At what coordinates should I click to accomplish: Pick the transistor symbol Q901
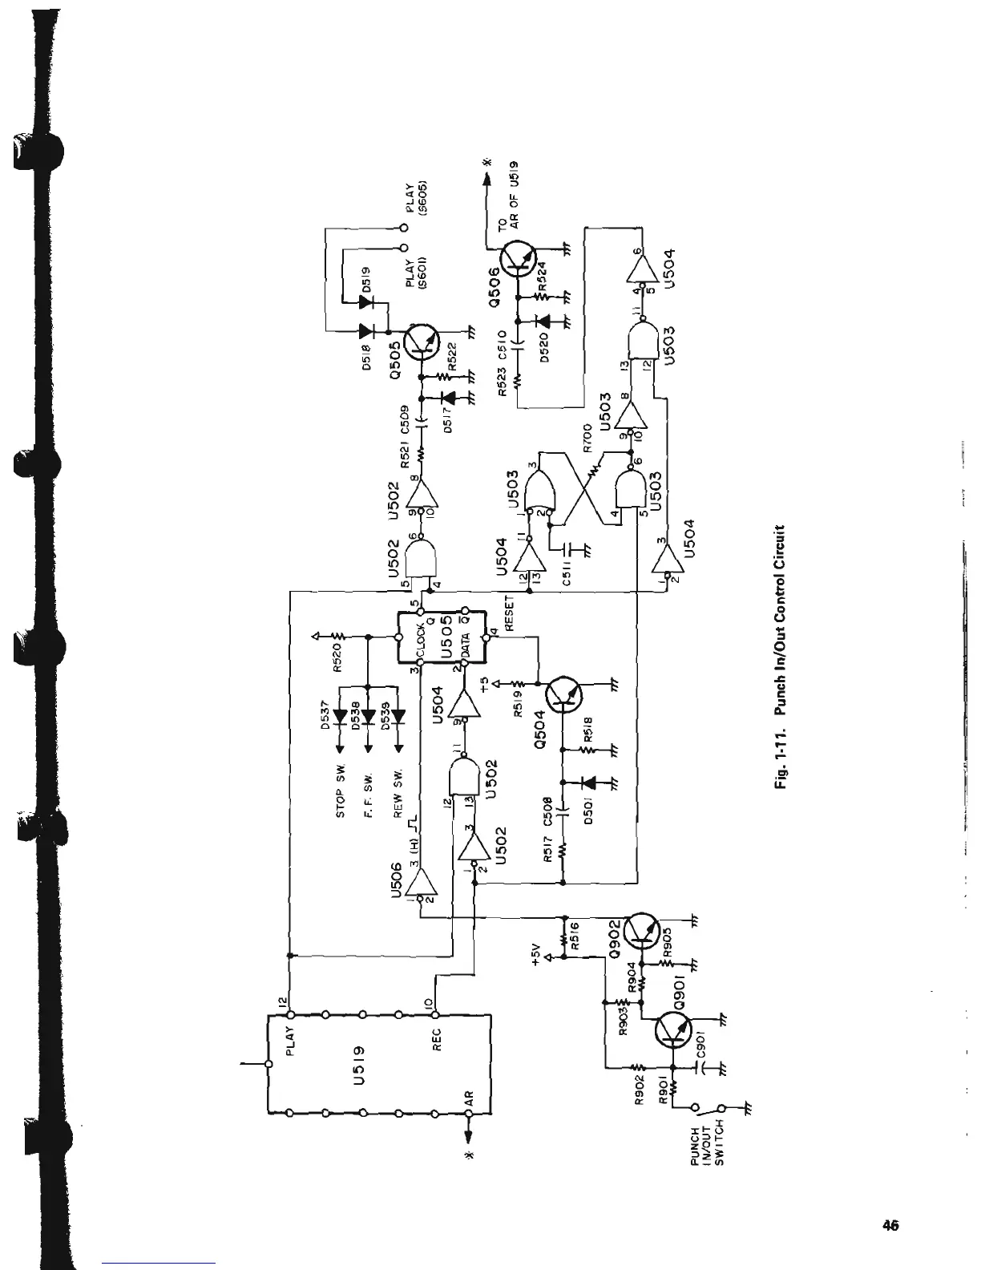[x=672, y=1031]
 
